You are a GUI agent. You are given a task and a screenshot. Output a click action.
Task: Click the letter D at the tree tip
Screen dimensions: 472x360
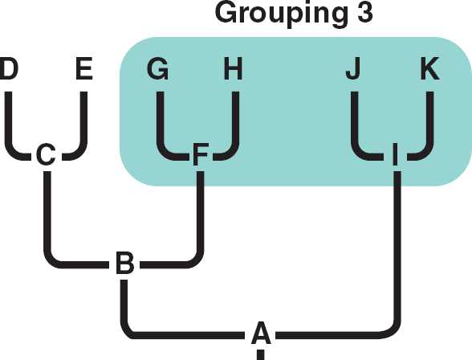tap(8, 68)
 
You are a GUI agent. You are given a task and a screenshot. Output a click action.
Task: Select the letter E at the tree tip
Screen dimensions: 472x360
tap(84, 68)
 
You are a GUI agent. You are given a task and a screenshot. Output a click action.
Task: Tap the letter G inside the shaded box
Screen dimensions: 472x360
tap(157, 68)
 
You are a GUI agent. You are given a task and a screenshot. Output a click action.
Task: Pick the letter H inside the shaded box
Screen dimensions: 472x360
tap(234, 68)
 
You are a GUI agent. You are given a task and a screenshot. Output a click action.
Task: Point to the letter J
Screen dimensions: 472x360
tap(353, 68)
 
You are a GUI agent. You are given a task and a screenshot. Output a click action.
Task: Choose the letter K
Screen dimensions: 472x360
tap(430, 68)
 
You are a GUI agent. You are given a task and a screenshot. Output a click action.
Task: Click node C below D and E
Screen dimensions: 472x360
tap(46, 154)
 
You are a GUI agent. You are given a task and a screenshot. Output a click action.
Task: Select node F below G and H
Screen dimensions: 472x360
tap(200, 154)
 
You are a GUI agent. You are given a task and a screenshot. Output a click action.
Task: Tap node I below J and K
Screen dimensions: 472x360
tap(396, 154)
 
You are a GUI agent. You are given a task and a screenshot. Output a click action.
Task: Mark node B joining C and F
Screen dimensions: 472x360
tap(125, 264)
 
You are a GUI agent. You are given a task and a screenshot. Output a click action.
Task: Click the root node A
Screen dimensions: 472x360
tap(261, 333)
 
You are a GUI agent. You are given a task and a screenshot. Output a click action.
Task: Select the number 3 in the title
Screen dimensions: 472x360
tap(364, 12)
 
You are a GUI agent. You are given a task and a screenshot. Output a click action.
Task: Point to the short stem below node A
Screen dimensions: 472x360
tap(261, 354)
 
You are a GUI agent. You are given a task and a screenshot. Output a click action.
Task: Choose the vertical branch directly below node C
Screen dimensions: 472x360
tap(47, 211)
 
